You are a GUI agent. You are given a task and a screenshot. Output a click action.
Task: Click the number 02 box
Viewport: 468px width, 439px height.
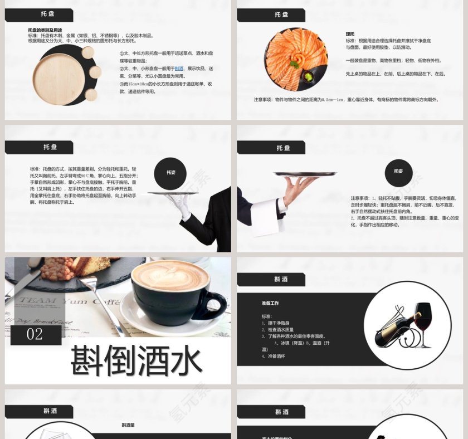coord(35,334)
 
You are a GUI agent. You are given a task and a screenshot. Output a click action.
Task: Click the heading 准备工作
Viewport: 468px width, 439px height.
coord(270,304)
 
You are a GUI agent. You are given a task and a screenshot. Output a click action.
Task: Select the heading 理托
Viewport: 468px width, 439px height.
coord(350,34)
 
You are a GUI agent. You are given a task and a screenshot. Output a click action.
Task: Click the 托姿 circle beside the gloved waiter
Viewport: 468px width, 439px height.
coord(170,173)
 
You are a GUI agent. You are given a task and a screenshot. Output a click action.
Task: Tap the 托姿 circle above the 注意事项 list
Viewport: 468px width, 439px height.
coord(398,171)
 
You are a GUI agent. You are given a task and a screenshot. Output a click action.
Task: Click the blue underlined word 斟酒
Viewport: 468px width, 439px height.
coord(179,69)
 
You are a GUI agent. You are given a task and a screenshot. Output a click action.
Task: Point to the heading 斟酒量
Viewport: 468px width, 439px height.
coord(129,425)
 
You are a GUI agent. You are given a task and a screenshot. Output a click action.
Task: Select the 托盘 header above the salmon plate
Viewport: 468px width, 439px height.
coord(282,14)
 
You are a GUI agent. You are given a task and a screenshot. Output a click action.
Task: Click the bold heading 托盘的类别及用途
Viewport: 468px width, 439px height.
coord(45,30)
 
